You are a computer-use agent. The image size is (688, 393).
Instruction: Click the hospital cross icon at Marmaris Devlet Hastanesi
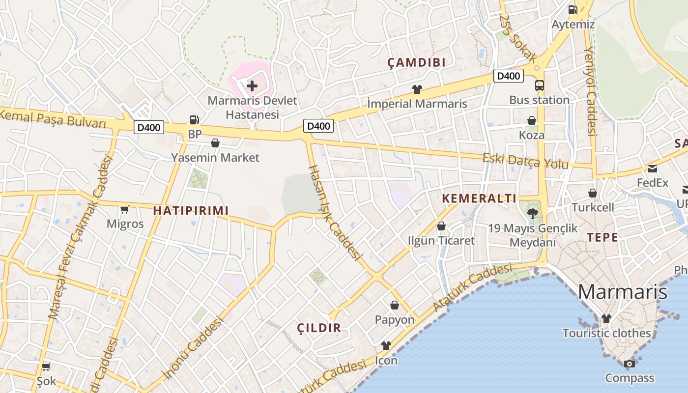(252, 86)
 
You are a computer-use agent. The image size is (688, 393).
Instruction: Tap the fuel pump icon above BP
(195, 119)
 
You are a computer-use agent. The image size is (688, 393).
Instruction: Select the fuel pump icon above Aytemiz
(573, 9)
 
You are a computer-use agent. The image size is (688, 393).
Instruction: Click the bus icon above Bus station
(539, 85)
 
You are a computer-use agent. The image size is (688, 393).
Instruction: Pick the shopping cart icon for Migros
(125, 209)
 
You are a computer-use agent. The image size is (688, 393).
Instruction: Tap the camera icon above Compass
(629, 364)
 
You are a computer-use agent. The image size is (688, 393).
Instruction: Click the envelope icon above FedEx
(653, 168)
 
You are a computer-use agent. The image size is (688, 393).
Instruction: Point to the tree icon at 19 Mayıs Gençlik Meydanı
(532, 213)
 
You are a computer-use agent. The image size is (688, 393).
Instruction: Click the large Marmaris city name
(622, 292)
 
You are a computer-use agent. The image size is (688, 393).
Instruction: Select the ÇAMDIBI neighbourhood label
(416, 62)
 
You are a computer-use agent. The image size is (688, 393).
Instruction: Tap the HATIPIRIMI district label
(191, 211)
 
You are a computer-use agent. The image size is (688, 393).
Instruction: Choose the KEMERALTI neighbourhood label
(479, 198)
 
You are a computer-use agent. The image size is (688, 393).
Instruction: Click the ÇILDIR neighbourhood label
(319, 328)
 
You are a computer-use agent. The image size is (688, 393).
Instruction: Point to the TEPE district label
(602, 237)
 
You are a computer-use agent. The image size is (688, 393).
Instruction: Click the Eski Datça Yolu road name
(525, 161)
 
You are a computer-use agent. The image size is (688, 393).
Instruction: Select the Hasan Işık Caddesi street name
(334, 212)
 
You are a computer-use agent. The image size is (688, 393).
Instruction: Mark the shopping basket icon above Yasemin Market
(215, 143)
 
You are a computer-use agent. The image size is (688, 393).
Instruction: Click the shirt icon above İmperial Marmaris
(417, 89)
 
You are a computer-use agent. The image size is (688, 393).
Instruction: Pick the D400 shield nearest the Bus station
(509, 76)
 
